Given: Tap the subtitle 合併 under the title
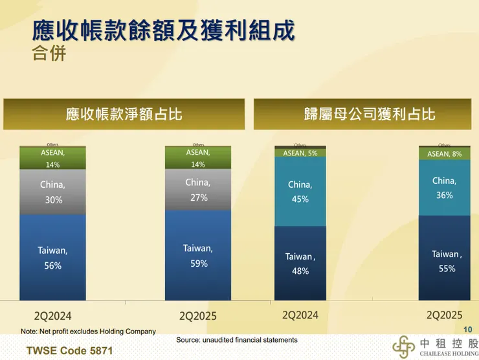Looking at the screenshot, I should point(49,52).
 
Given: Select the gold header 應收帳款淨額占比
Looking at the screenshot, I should point(124,114).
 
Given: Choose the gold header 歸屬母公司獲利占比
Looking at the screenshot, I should point(369,114).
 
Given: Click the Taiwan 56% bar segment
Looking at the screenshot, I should point(52,257).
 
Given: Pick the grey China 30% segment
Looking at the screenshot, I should point(52,192).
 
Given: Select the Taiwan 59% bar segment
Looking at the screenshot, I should point(197,255).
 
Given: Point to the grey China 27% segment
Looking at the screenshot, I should point(197,190).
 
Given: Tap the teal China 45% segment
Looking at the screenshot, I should point(300,192).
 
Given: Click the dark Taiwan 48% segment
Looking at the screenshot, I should point(300,264).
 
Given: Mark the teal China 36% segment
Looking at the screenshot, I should point(444,188).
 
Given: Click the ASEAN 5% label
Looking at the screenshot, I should point(300,153).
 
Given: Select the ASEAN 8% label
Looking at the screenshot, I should point(444,154).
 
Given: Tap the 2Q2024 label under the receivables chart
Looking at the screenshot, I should point(51,317).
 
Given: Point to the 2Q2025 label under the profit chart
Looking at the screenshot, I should point(444,315).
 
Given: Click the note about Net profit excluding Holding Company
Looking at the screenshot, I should point(88,332).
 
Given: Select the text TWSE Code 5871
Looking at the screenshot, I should point(64,350).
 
